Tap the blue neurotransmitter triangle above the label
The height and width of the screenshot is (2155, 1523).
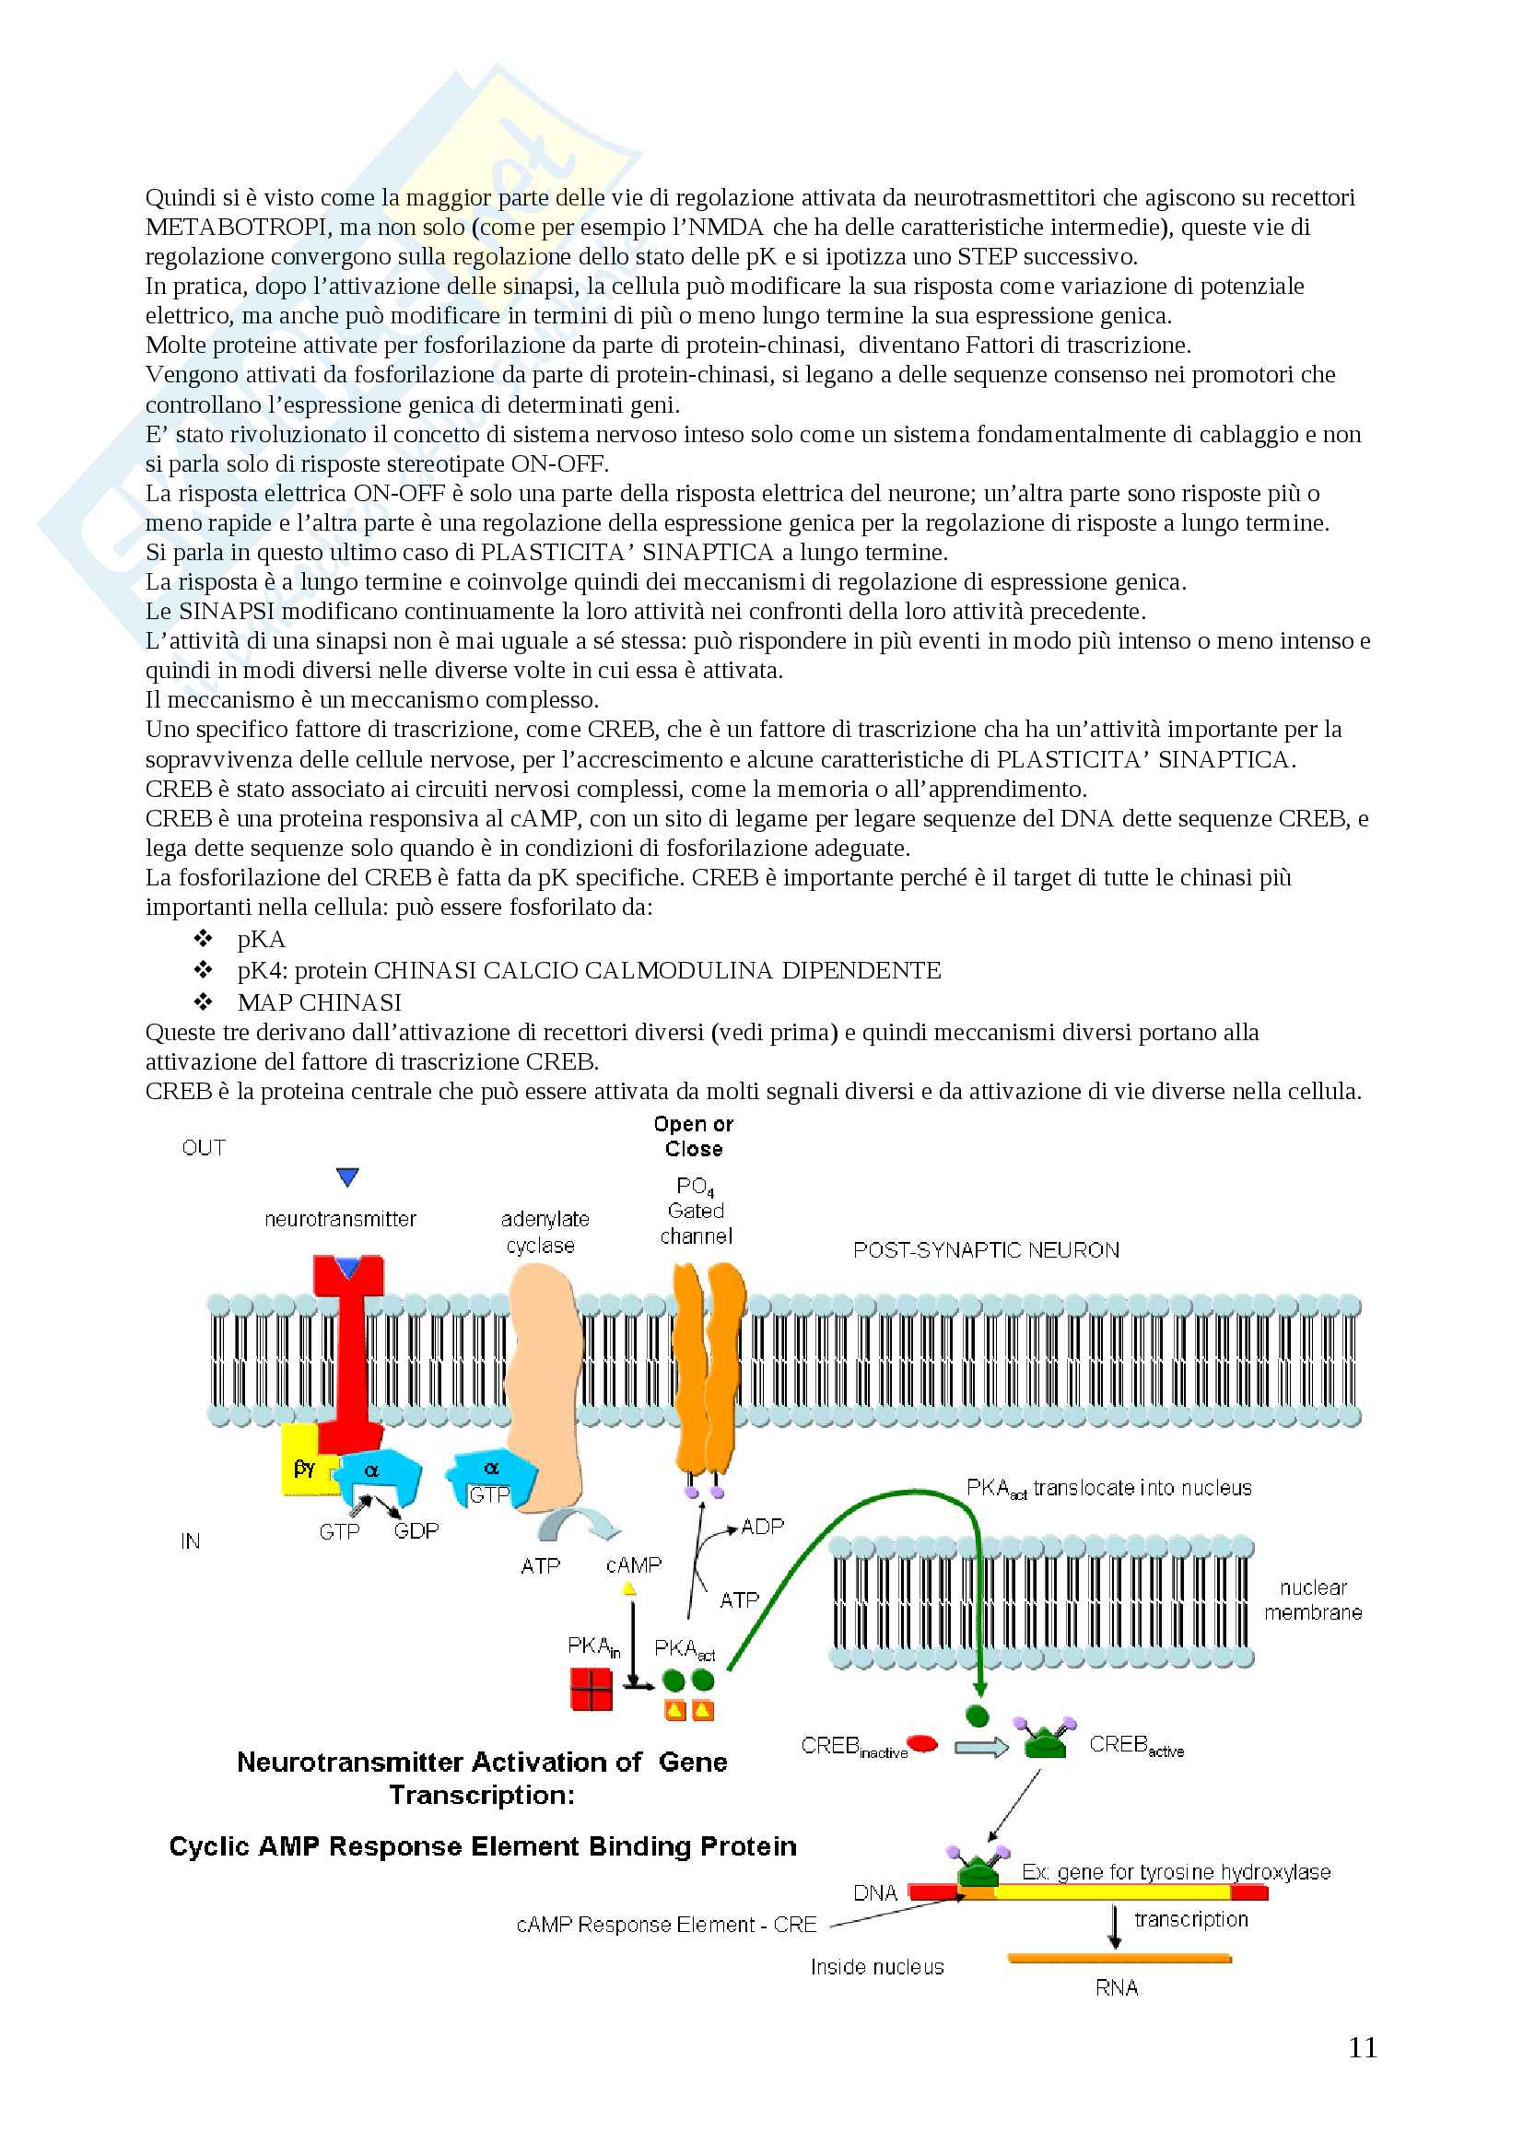pyautogui.click(x=347, y=1177)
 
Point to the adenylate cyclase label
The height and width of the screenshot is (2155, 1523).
pyautogui.click(x=544, y=1232)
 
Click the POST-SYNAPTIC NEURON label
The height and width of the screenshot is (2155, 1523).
pyautogui.click(x=985, y=1250)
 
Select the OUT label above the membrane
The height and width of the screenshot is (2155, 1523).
pyautogui.click(x=204, y=1148)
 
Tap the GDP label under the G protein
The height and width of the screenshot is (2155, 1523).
pyautogui.click(x=416, y=1531)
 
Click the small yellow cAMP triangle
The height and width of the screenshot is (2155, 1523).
pyautogui.click(x=629, y=1589)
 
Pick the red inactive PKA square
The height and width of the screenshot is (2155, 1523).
pyautogui.click(x=592, y=1690)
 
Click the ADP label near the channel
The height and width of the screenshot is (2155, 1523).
pyautogui.click(x=762, y=1527)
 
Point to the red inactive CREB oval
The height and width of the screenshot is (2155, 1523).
pyautogui.click(x=922, y=1744)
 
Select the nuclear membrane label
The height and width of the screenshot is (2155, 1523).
pyautogui.click(x=1313, y=1599)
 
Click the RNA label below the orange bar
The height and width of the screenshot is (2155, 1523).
pyautogui.click(x=1116, y=1987)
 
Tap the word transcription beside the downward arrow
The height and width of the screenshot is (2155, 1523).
pyautogui.click(x=1190, y=1919)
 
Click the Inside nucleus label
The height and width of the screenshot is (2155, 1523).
pyautogui.click(x=876, y=1966)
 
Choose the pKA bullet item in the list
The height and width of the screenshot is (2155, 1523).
pyautogui.click(x=261, y=940)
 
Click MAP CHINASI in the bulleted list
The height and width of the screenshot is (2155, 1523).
pyautogui.click(x=319, y=1002)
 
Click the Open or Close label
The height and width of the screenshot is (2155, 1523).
pyautogui.click(x=694, y=1137)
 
